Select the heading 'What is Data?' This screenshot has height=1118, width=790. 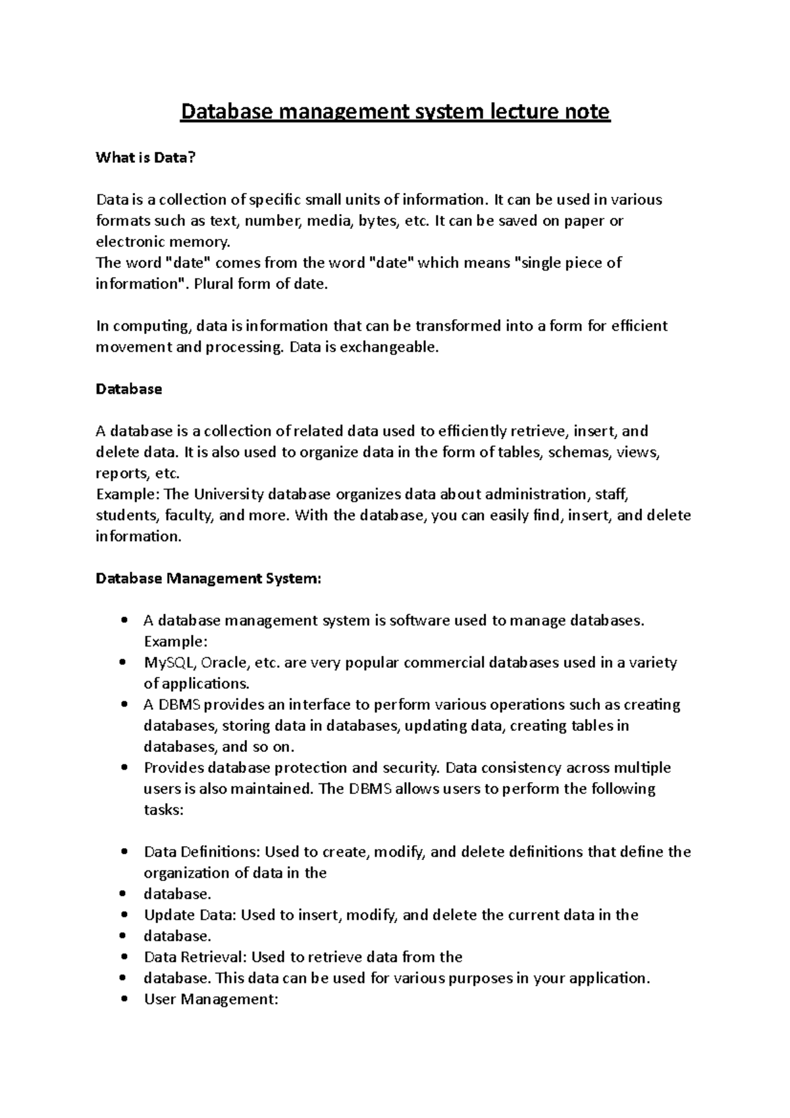[x=145, y=157]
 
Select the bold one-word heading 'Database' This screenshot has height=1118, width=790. [x=128, y=389]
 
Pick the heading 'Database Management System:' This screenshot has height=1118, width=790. [x=208, y=579]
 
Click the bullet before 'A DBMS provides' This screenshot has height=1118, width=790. [x=124, y=705]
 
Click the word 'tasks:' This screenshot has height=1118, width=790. [x=163, y=810]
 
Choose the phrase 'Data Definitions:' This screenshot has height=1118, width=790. [x=202, y=852]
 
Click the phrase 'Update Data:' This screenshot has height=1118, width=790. [x=190, y=915]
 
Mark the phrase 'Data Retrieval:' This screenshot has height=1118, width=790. [x=196, y=957]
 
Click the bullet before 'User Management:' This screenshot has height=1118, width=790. [x=124, y=999]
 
